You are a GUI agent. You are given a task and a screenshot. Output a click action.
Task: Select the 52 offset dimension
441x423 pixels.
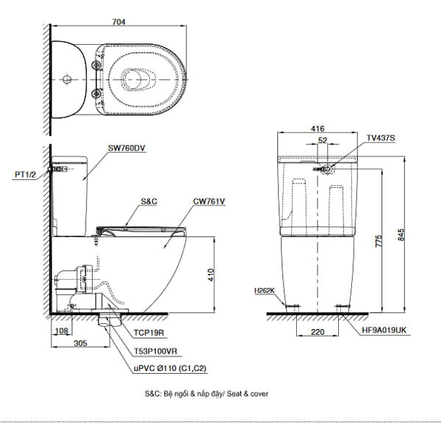tap(323, 140)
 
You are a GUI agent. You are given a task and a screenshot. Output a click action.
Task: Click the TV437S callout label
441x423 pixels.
tap(381, 137)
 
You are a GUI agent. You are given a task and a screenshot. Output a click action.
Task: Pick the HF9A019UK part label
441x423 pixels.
tap(383, 332)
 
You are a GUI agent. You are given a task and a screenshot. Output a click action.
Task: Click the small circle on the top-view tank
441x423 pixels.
tap(67, 79)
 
